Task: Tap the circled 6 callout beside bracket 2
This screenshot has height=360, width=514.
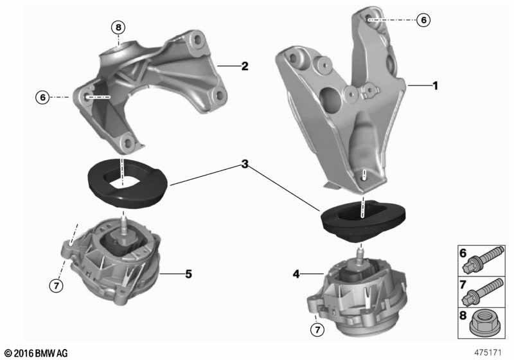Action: [42, 97]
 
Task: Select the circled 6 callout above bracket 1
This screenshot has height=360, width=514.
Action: [423, 20]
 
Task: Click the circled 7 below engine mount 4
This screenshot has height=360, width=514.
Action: [315, 330]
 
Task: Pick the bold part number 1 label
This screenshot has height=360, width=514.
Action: [435, 85]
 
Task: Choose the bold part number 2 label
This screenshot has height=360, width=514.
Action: [244, 66]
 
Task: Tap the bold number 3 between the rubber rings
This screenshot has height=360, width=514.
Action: [244, 165]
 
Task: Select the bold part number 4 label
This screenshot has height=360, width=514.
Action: [296, 274]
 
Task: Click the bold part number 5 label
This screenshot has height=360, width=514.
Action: [188, 274]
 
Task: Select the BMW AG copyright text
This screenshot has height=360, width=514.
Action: [35, 353]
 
